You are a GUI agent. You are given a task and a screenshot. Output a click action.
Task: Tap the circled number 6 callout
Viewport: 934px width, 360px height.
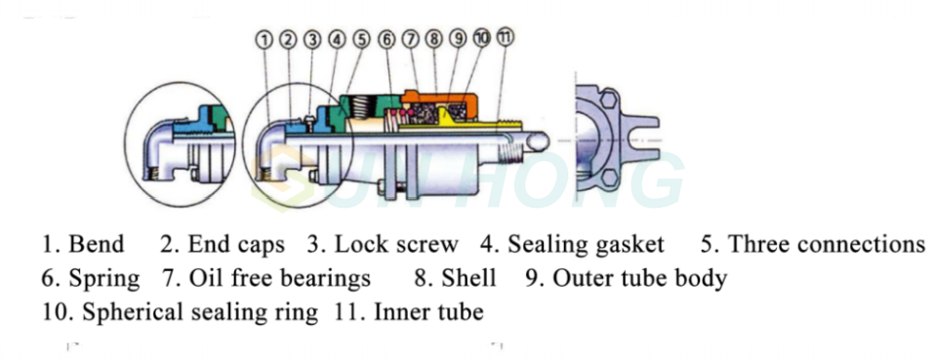click(x=386, y=39)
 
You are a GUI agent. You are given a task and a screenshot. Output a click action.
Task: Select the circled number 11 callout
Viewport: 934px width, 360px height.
click(x=506, y=36)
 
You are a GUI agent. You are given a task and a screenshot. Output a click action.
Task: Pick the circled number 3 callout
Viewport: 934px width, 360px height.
click(x=312, y=39)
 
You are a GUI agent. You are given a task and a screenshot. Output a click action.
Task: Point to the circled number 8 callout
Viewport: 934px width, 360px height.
click(x=433, y=39)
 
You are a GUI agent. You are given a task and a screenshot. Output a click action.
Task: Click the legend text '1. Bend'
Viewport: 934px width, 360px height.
click(x=82, y=244)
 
